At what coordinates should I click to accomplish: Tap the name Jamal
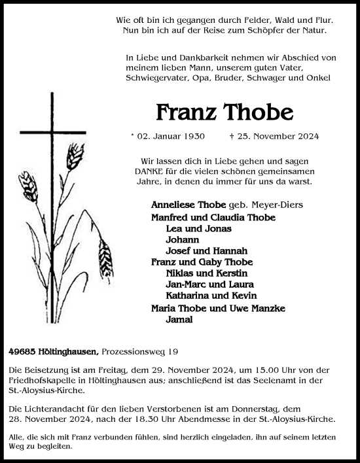[x=180, y=320]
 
